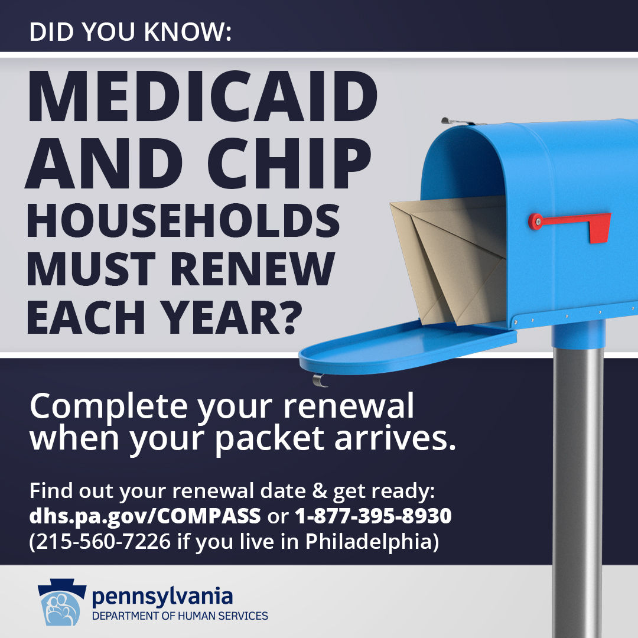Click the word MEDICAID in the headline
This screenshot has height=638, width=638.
(203, 96)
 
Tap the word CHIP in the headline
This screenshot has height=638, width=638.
(289, 163)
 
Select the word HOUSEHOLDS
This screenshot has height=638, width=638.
(183, 220)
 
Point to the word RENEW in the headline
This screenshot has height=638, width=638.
(253, 269)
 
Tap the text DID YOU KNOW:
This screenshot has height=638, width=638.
(130, 32)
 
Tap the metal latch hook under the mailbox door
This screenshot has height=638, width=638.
(319, 380)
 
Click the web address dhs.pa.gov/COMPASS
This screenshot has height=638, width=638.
(145, 516)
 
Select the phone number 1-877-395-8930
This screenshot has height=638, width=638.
(373, 516)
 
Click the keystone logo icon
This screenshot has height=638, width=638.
(62, 602)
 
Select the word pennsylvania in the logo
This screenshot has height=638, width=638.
(162, 597)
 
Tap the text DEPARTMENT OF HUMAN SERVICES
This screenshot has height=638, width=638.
(180, 616)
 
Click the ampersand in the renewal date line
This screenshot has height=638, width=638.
(320, 491)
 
